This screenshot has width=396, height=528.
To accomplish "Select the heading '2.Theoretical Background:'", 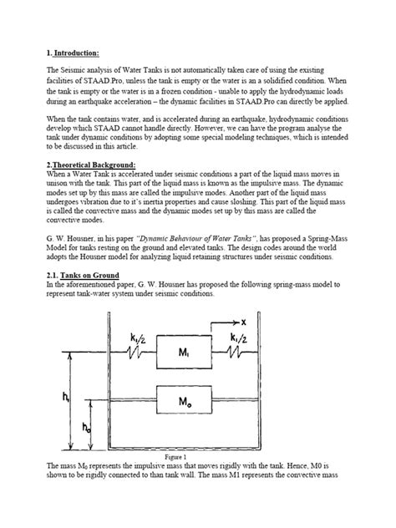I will pos(93,165).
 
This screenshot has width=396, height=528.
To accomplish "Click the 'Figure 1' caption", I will pos(197,481).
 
